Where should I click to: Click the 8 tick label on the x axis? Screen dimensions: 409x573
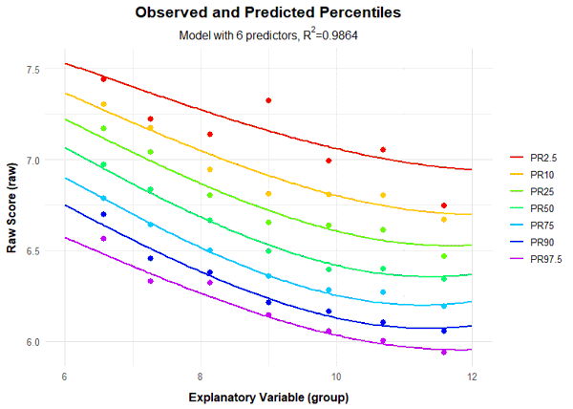tap(200, 376)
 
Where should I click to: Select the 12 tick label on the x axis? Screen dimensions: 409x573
tap(472, 376)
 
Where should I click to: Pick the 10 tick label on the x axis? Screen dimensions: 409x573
tap(335, 376)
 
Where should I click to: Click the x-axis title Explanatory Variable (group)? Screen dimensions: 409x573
tap(268, 396)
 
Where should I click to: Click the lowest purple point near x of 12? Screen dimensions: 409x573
tap(443, 352)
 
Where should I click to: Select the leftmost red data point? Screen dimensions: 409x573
tap(103, 78)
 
